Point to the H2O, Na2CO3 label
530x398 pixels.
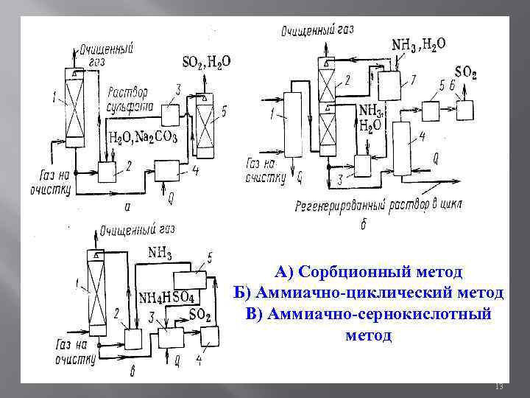pyautogui.click(x=143, y=137)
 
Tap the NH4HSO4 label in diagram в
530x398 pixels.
pyautogui.click(x=166, y=298)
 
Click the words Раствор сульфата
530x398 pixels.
pyautogui.click(x=131, y=99)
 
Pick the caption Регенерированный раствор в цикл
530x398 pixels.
pyautogui.click(x=378, y=205)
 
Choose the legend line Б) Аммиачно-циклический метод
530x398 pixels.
pyautogui.click(x=368, y=293)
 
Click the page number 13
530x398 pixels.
pyautogui.click(x=498, y=387)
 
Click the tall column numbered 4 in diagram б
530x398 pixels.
pyautogui.click(x=402, y=147)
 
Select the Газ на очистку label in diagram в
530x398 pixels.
pyautogui.click(x=74, y=351)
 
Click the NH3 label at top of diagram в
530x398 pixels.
pyautogui.click(x=160, y=254)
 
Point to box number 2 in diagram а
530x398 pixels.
pyautogui.click(x=108, y=171)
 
